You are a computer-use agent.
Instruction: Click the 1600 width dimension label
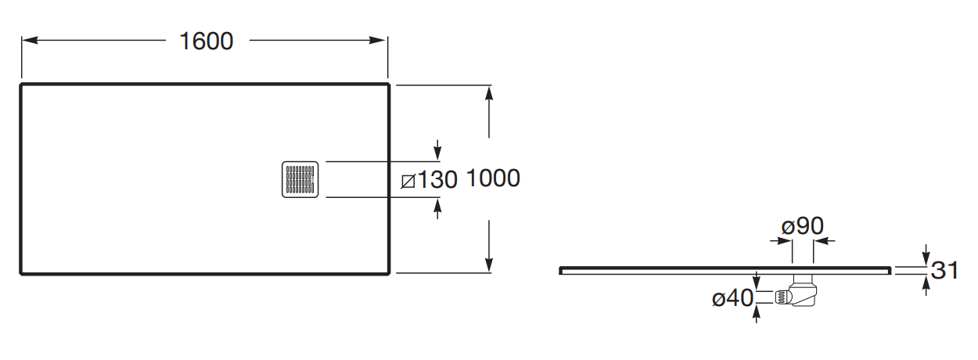(207, 41)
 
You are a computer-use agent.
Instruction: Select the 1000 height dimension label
(493, 178)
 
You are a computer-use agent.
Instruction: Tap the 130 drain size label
(436, 181)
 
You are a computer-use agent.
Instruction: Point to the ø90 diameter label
(803, 226)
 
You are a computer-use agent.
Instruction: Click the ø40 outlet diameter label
(732, 298)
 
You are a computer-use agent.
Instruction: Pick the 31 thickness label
(945, 271)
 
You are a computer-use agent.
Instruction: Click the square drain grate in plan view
(300, 179)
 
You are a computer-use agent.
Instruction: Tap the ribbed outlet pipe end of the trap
(782, 297)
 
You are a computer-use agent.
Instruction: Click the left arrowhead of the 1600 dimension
(27, 41)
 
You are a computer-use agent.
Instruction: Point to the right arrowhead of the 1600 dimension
(381, 41)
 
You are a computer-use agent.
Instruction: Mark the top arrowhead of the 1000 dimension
(489, 92)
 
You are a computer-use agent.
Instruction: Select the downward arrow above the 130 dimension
(437, 152)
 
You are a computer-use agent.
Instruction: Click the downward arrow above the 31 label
(926, 257)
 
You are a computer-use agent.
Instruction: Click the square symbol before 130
(407, 182)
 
